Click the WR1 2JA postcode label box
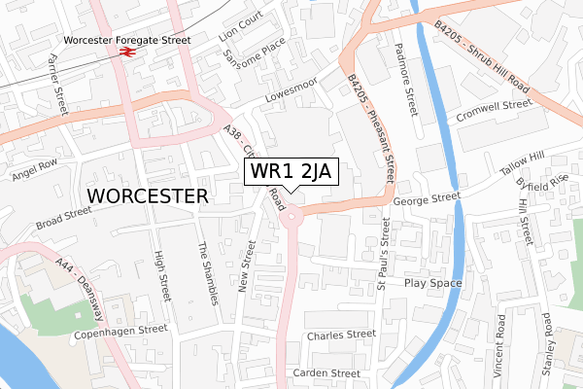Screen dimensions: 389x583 coord(291,172)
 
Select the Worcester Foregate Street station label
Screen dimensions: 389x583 coord(127,41)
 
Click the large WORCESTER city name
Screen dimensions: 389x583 coord(148,195)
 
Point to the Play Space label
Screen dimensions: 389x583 coord(432,284)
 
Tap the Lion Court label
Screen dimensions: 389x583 coord(241,23)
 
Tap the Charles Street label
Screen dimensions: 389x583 coord(340,335)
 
